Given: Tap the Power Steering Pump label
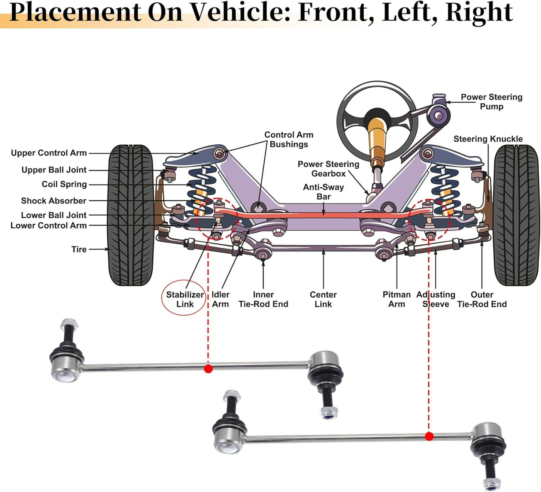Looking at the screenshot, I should (x=491, y=102).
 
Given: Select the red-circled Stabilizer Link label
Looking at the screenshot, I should (x=185, y=299).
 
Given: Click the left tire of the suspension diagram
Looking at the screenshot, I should (x=131, y=215).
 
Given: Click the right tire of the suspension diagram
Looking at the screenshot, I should (x=516, y=215).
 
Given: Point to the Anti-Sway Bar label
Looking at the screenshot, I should (x=323, y=191).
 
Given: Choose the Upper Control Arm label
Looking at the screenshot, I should (x=49, y=153).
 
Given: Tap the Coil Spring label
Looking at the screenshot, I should (x=64, y=184).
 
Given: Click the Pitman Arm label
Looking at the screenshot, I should (x=396, y=299).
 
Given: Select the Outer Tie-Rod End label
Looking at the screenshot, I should (x=482, y=299).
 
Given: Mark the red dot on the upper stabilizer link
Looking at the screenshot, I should (x=209, y=369).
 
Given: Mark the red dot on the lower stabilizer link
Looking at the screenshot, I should (x=429, y=437).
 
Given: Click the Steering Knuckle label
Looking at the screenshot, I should (x=488, y=139).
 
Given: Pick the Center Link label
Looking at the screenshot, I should (x=323, y=299).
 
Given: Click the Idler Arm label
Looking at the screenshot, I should (x=221, y=299).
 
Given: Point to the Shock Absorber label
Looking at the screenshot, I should (x=54, y=201).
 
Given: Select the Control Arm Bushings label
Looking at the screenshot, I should (x=289, y=139).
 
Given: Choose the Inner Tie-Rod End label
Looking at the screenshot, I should (x=263, y=299).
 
